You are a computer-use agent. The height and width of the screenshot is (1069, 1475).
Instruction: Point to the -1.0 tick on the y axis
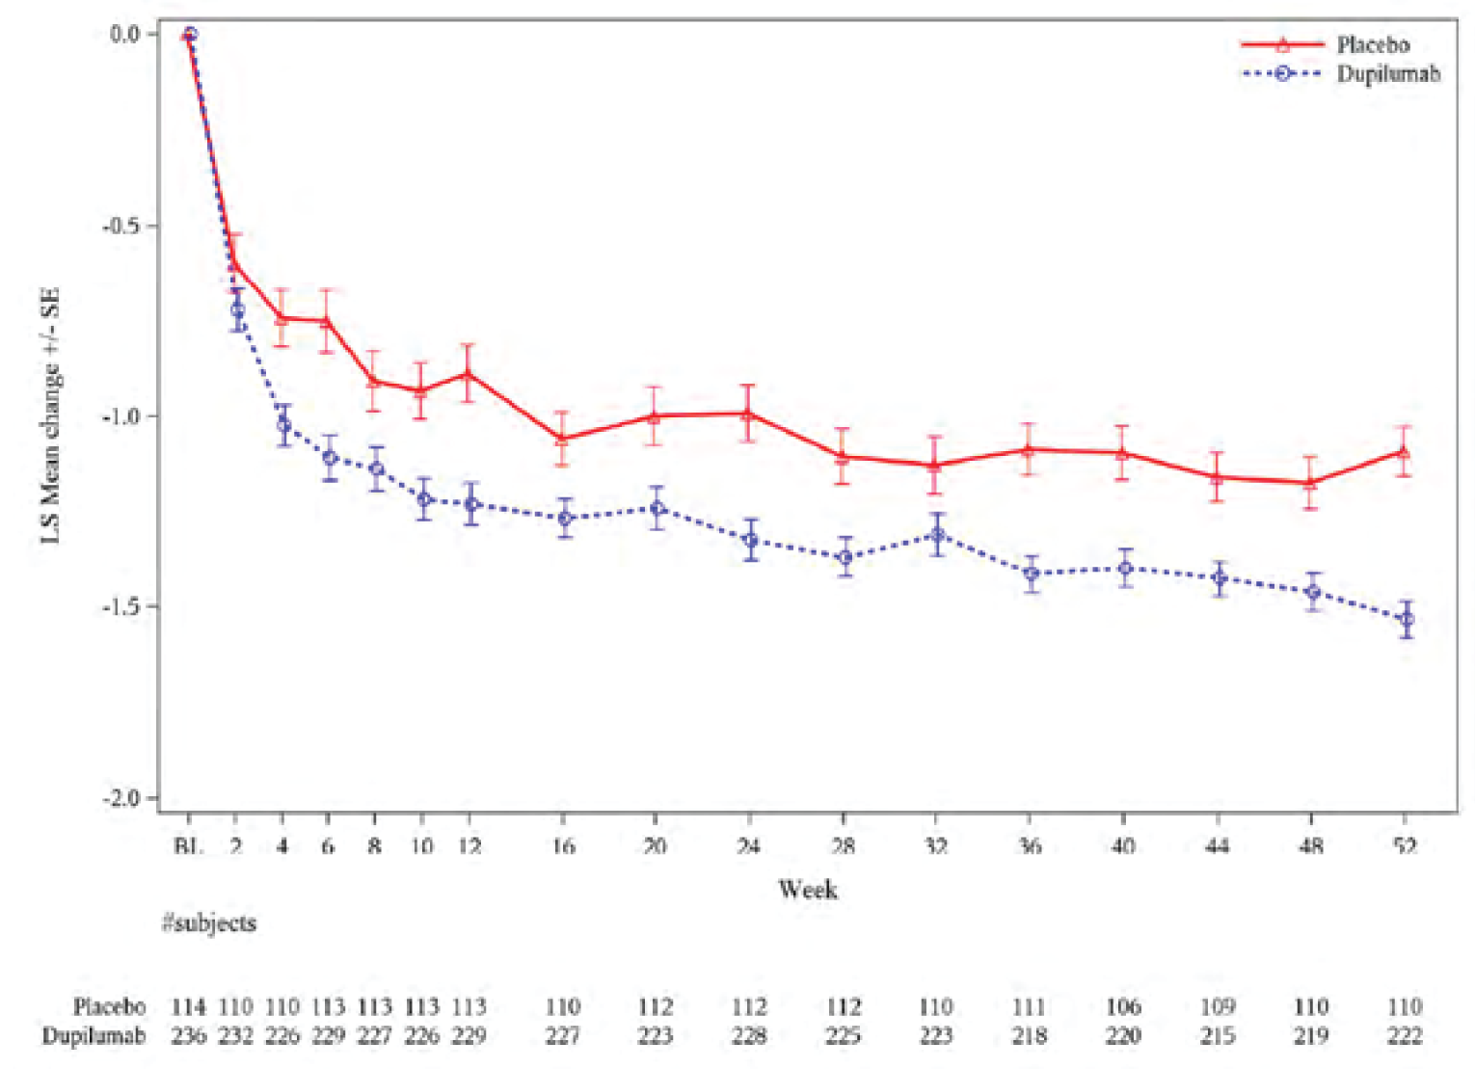pos(121,416)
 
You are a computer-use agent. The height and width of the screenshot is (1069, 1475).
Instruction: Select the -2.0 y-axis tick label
pos(121,798)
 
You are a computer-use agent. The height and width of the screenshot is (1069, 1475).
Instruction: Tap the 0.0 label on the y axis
pos(124,35)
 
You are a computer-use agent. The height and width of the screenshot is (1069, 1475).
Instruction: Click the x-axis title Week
pos(807,889)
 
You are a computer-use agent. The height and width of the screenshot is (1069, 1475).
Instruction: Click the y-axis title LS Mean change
pos(50,414)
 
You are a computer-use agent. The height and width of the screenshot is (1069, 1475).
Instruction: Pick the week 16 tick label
pos(562,846)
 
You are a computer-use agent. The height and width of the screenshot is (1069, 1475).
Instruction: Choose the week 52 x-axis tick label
pos(1405,846)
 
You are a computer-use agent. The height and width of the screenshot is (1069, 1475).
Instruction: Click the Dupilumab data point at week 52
pos(1407,619)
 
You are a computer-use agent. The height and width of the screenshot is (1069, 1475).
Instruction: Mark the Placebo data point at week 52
pos(1404,451)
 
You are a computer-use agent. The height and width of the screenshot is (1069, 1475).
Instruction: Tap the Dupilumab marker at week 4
pos(283,425)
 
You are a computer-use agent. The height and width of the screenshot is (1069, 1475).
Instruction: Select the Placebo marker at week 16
pos(561,440)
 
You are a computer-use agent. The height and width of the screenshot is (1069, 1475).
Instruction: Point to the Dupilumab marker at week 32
pos(936,535)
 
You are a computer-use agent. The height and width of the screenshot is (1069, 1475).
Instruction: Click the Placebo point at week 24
pos(748,414)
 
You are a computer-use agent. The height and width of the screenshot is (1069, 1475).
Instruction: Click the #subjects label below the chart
pos(209,922)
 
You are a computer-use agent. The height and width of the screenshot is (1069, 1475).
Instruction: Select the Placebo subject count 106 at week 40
pos(1123,1006)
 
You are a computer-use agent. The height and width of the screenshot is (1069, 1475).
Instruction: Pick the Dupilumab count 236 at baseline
pos(189,1035)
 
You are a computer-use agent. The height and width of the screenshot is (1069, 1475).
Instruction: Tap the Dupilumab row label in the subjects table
pos(94,1035)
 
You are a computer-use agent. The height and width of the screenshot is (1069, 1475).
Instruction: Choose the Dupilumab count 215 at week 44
pos(1217,1035)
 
